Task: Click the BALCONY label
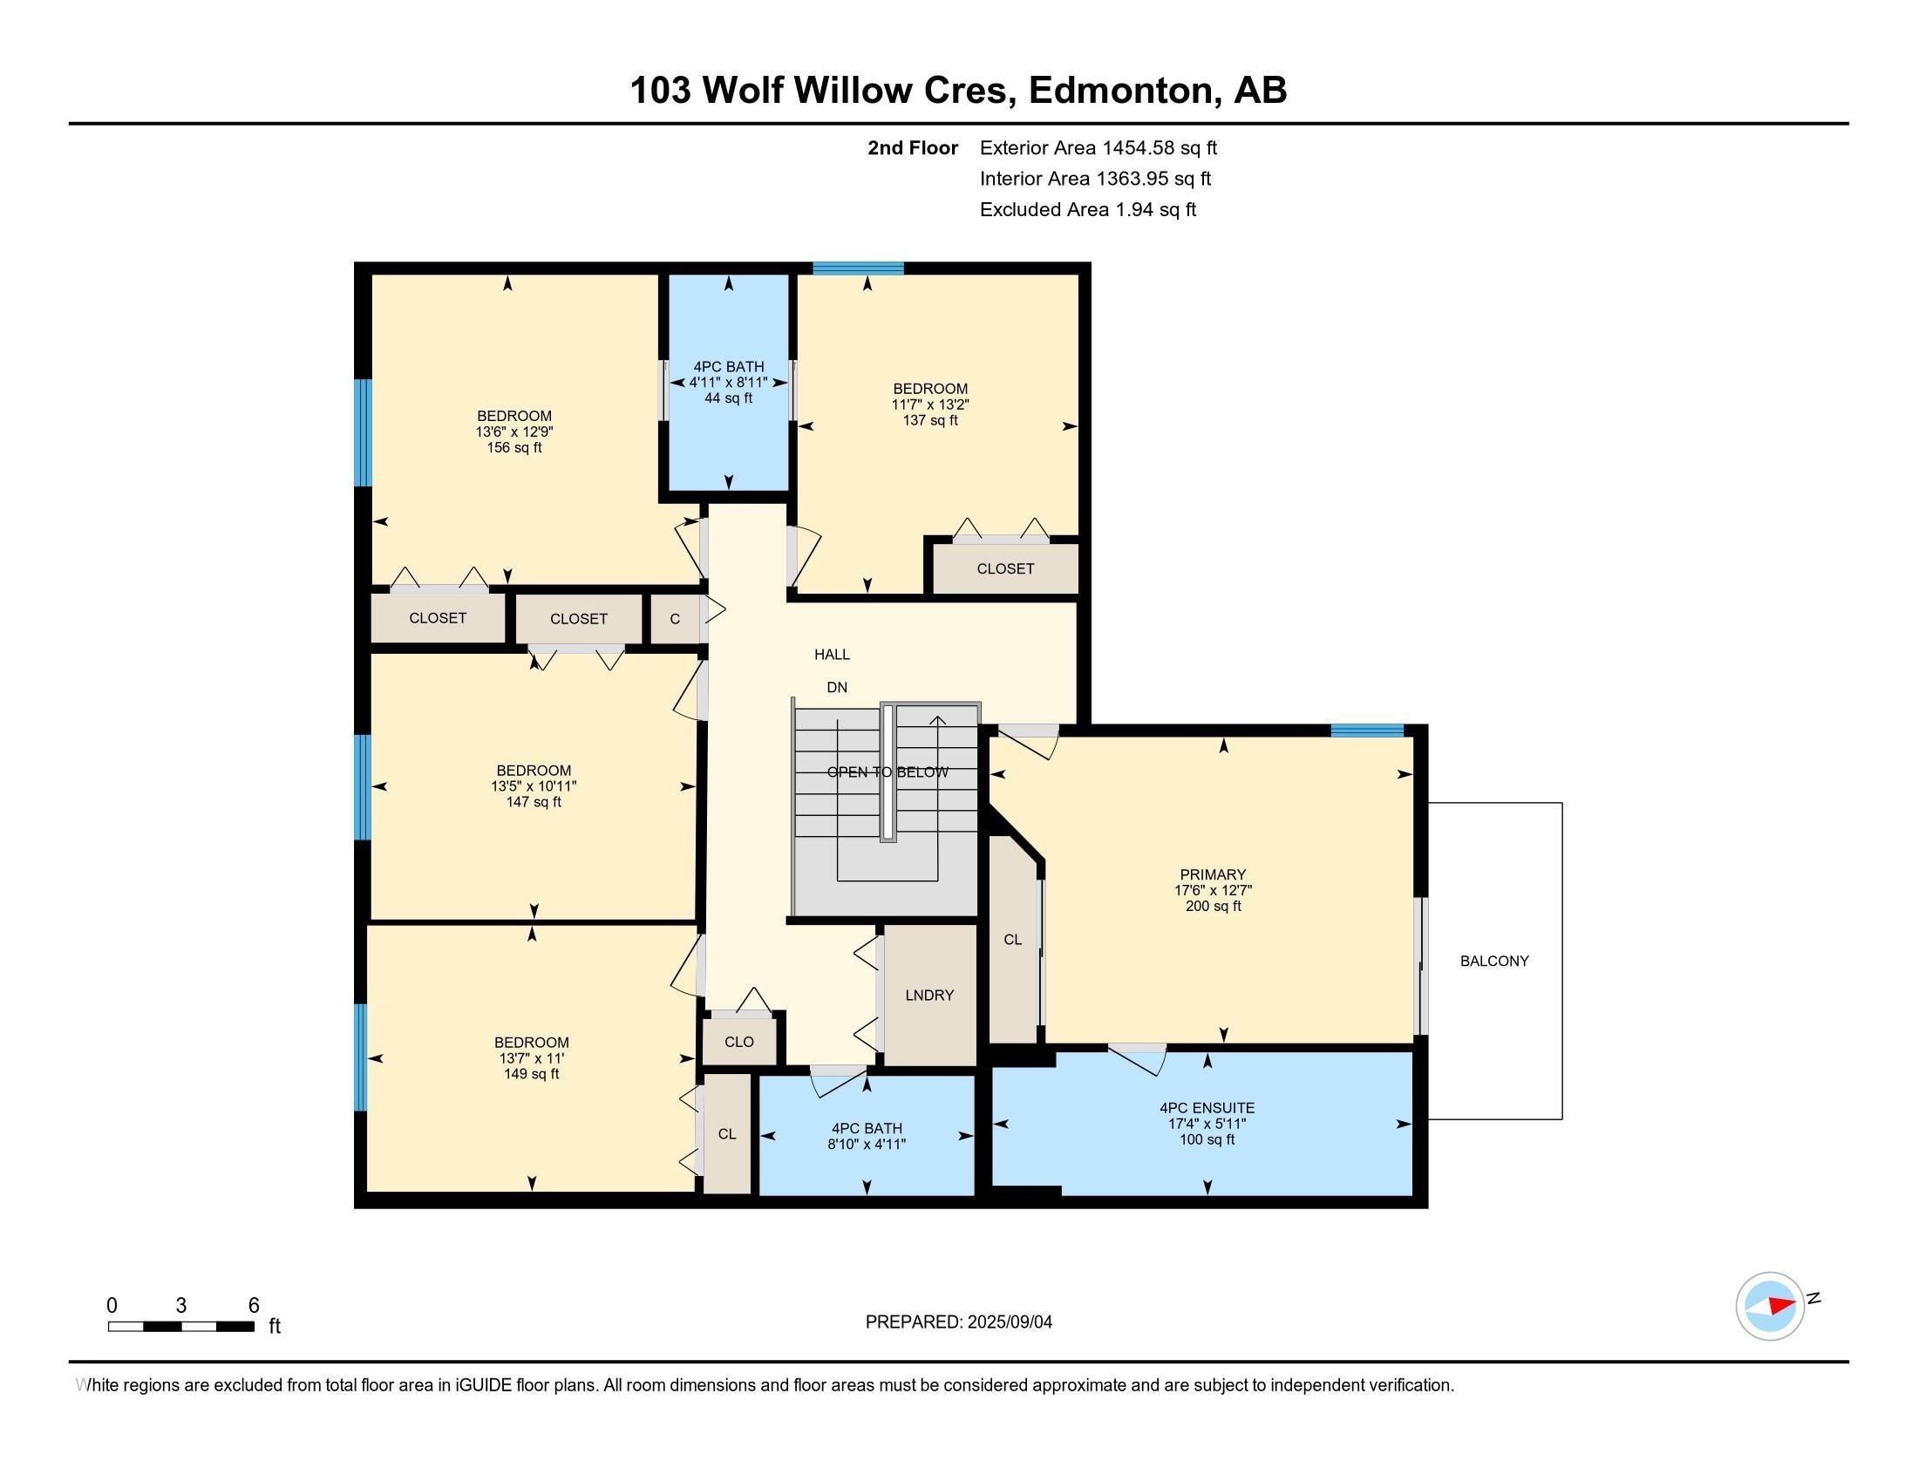[x=1493, y=962]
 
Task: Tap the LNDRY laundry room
[x=929, y=996]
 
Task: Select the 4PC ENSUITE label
[x=1207, y=1108]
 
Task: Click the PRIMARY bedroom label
[x=1213, y=874]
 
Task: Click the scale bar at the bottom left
[x=182, y=1327]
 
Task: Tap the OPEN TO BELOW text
[x=888, y=772]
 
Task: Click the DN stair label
[x=837, y=688]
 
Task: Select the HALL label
[x=832, y=654]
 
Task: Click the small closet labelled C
[x=675, y=619]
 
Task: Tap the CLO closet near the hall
[x=739, y=1041]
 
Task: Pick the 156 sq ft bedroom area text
[x=514, y=448]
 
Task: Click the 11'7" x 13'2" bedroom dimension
[x=930, y=404]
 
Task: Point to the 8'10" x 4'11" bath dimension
[x=866, y=1144]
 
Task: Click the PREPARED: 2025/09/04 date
[x=959, y=1322]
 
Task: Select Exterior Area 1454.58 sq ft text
[x=1098, y=148]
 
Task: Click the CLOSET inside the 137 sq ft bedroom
[x=1005, y=569]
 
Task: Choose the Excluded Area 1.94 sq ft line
[x=1088, y=210]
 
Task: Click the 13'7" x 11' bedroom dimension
[x=531, y=1058]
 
